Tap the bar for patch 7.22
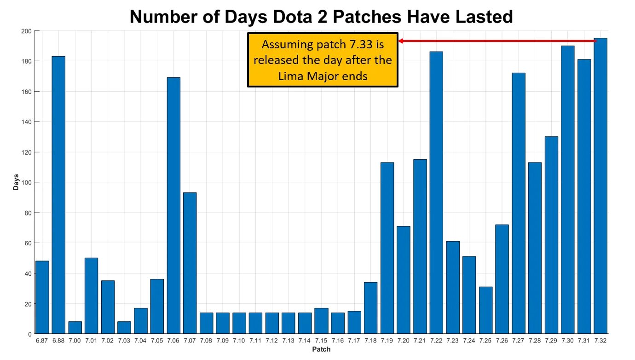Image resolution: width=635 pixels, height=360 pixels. point(436,193)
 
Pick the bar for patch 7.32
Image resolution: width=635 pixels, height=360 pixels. point(600,186)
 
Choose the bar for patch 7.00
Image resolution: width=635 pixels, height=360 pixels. point(75,328)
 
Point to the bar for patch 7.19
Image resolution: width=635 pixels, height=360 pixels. point(387,248)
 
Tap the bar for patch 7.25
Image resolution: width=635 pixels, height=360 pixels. point(485,310)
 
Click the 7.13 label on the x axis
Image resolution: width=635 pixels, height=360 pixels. point(289,341)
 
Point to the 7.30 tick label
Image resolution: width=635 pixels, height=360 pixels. point(568,341)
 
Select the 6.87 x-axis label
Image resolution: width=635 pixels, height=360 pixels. point(42,341)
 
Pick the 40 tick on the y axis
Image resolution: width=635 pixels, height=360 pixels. point(28,273)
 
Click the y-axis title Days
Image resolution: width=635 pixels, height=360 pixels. point(16,183)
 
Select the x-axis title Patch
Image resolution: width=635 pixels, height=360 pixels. point(321,349)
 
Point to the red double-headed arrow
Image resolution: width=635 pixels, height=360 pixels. point(497,41)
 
